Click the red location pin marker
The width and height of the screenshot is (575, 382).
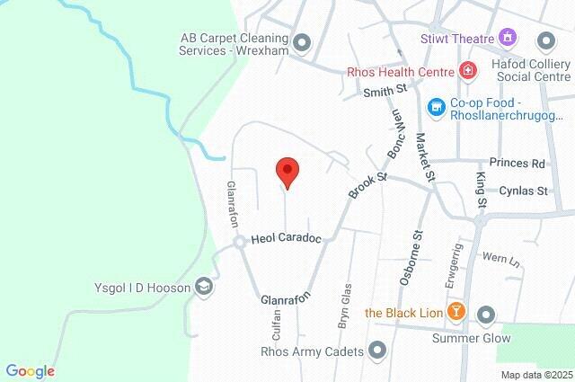(287, 171)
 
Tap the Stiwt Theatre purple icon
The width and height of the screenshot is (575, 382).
(509, 38)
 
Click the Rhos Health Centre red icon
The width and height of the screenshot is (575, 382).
(467, 71)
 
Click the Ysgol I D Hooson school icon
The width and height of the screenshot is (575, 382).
(205, 287)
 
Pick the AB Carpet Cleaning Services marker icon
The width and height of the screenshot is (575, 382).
(302, 41)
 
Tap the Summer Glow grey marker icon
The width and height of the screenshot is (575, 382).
(486, 315)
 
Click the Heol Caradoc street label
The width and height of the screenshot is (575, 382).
(286, 239)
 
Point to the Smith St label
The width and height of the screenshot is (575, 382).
(385, 91)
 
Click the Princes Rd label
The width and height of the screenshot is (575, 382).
(524, 164)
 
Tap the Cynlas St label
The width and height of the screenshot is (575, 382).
(524, 191)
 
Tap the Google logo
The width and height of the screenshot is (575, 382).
(30, 370)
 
